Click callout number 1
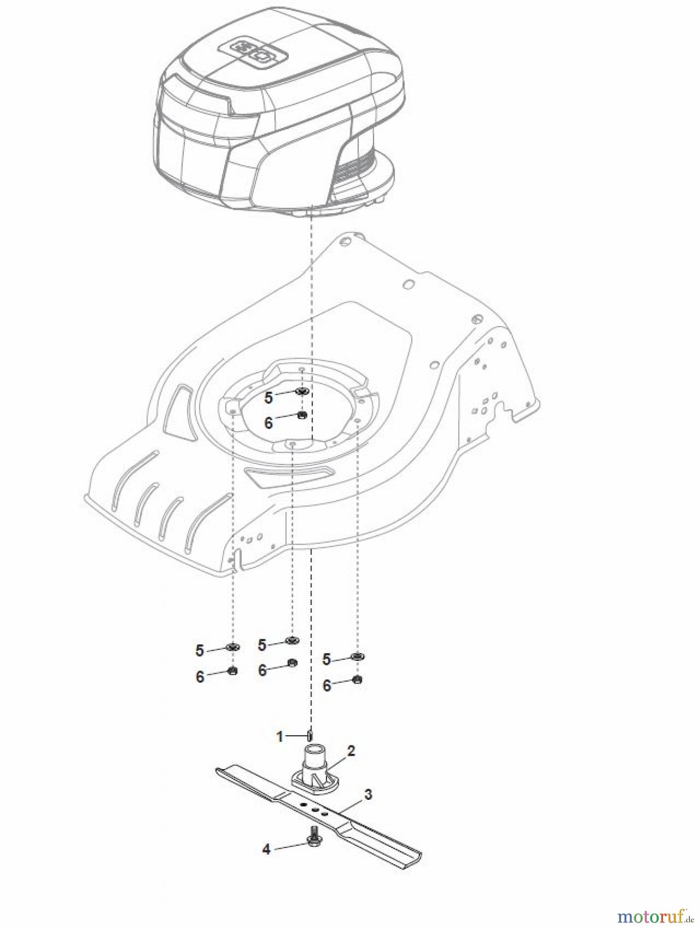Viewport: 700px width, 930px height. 280,736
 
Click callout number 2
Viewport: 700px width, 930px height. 351,751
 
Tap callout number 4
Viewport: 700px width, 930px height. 266,849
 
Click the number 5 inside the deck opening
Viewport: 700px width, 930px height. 268,398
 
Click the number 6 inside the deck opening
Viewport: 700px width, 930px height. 268,423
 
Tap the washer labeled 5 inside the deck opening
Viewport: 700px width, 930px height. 302,391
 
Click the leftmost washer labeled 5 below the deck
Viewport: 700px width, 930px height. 232,647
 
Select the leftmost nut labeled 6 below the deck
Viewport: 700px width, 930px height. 232,671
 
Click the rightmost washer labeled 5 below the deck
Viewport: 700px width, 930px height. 356,656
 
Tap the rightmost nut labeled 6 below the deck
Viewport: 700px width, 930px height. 357,679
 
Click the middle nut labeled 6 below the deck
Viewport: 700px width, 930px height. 291,663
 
